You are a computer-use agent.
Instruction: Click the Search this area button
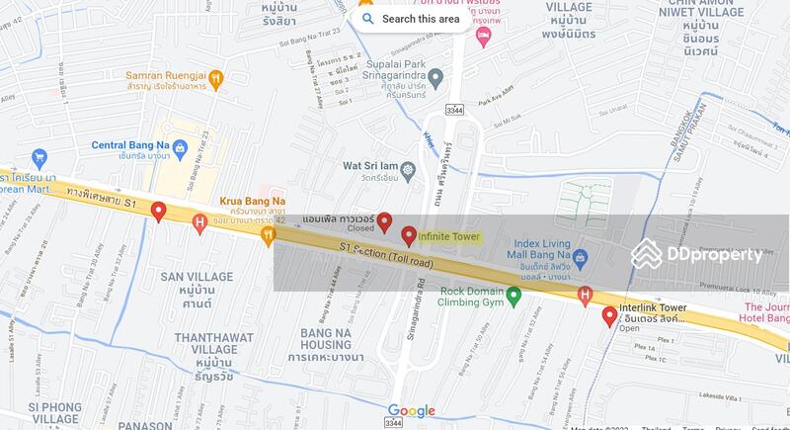tap(410, 19)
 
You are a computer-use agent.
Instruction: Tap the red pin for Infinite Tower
tap(409, 236)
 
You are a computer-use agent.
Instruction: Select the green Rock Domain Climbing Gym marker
tap(513, 295)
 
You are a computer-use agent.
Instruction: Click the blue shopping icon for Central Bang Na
tap(39, 157)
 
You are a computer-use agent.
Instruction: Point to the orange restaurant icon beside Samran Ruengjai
tap(217, 79)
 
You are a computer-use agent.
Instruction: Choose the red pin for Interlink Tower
tap(609, 316)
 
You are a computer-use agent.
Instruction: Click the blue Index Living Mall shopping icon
tap(581, 260)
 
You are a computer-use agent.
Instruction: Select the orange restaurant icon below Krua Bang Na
tap(267, 234)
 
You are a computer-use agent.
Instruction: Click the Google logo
tap(412, 411)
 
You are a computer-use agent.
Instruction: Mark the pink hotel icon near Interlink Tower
tap(585, 295)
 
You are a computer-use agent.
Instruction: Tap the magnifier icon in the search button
tap(368, 19)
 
